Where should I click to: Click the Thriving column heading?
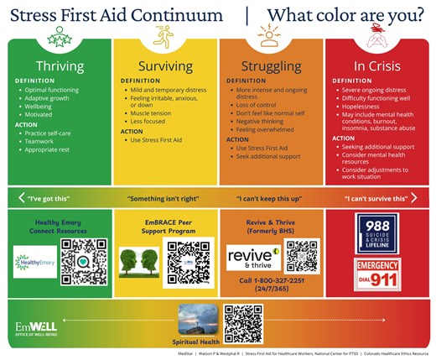tap(60, 66)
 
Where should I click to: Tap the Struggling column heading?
tap(271, 66)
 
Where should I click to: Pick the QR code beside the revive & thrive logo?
tap(302, 256)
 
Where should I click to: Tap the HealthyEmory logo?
tap(34, 262)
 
